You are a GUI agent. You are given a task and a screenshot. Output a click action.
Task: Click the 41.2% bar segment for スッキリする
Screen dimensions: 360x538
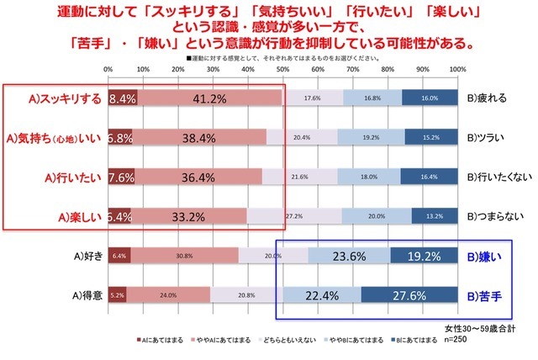tap(209, 98)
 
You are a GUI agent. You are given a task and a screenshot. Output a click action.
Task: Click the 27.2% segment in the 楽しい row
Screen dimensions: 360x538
tap(294, 216)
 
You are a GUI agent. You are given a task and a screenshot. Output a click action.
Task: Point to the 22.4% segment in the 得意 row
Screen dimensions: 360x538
tap(322, 294)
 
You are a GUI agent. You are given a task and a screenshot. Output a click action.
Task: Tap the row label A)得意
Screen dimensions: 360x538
tap(82, 294)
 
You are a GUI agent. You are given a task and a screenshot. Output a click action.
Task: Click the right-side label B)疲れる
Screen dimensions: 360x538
tap(488, 98)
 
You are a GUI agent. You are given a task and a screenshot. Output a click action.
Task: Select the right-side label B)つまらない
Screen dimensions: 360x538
tap(496, 216)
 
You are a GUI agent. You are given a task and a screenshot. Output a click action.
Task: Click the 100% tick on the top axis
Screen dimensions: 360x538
tap(457, 69)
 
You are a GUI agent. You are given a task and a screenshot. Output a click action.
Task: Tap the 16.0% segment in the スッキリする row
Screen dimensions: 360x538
tap(430, 98)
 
